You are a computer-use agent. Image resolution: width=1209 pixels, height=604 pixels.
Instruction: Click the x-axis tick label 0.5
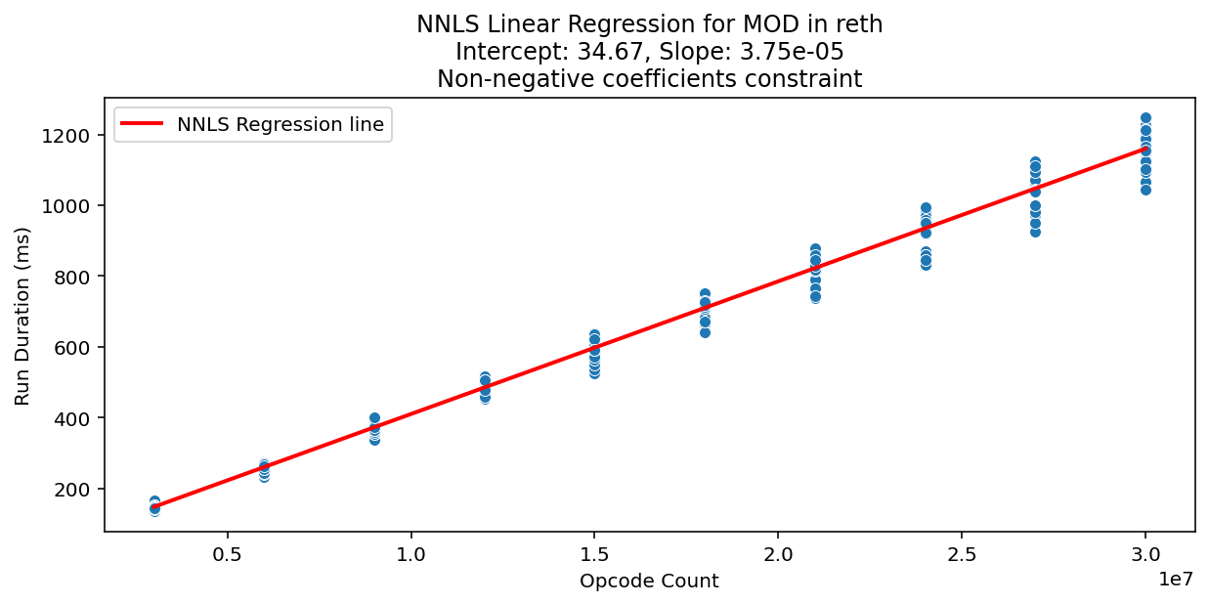(228, 552)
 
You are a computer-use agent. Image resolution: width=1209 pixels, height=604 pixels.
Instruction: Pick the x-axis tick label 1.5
(594, 552)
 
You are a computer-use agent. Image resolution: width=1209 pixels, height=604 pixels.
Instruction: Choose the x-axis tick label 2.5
(962, 552)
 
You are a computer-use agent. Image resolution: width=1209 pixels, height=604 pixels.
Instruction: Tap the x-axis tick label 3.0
(1145, 552)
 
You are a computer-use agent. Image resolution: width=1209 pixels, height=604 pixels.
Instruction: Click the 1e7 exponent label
(1176, 579)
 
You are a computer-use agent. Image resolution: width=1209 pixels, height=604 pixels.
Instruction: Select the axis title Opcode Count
(649, 582)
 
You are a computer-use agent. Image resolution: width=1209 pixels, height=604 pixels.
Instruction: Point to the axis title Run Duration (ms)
(22, 316)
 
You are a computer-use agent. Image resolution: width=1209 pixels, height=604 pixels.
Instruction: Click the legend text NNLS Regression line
(281, 124)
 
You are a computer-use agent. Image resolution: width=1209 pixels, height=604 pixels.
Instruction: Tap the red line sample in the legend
(144, 124)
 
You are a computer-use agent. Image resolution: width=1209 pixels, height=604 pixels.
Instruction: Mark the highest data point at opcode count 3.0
(1145, 117)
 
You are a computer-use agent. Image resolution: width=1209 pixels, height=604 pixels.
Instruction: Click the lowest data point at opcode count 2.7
(1035, 232)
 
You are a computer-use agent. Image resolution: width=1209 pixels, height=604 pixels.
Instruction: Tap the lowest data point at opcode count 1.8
(705, 332)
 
